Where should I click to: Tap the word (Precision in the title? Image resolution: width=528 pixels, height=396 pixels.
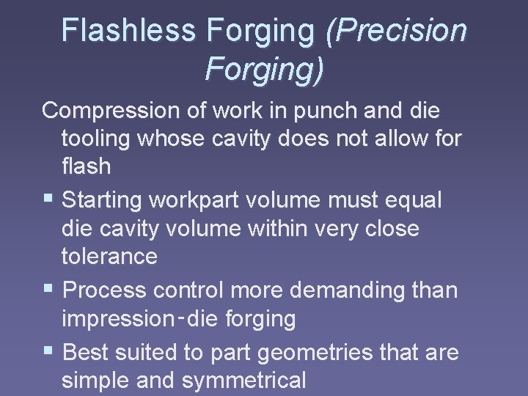396,31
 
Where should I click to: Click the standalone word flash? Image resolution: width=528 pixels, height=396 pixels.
86,166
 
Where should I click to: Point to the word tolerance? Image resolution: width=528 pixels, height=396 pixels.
109,256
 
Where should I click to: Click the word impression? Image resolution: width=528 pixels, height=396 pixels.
116,318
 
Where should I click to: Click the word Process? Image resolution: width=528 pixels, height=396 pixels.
106,290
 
